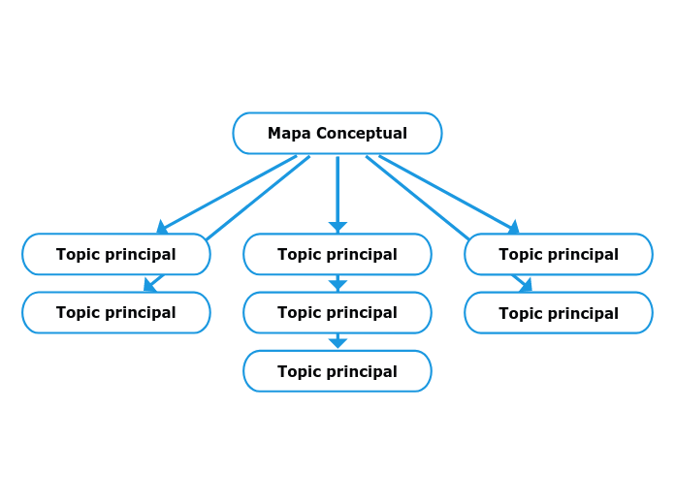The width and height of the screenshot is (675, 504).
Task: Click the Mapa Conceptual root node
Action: (337, 133)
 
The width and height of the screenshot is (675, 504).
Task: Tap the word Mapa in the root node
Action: (289, 133)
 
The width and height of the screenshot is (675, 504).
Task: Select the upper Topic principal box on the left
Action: (115, 254)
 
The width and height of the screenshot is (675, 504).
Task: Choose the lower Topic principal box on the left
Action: (115, 312)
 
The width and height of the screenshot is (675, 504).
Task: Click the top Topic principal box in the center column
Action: (337, 254)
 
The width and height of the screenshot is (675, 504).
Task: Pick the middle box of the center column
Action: (337, 312)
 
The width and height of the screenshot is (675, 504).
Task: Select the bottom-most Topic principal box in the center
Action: (337, 371)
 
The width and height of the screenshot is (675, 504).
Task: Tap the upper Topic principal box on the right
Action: (558, 254)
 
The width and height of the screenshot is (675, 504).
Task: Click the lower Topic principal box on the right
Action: (558, 313)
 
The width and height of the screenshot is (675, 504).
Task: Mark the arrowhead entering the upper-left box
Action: (162, 227)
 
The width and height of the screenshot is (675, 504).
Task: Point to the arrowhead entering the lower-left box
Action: (150, 285)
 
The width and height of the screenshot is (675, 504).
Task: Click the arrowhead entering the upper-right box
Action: (513, 227)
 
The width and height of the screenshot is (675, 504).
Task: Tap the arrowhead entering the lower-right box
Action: (525, 285)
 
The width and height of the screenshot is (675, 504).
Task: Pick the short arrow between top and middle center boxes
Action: (337, 283)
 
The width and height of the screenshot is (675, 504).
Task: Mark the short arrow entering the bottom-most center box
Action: (337, 341)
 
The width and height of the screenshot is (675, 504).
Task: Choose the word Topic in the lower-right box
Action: (520, 313)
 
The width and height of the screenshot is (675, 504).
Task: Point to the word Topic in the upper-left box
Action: (78, 254)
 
